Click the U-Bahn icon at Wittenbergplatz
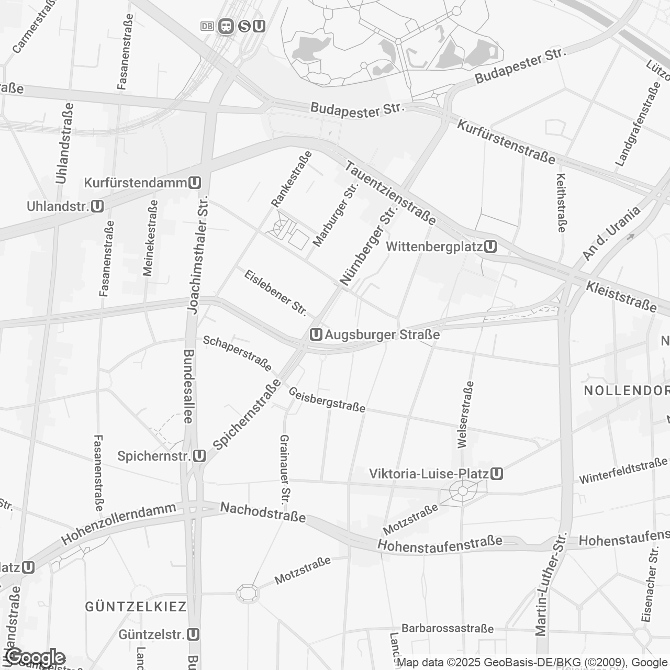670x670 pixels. tap(490, 247)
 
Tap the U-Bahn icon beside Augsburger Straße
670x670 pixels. tap(316, 334)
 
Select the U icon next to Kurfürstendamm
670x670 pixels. tap(195, 183)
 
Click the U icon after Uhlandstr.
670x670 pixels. tap(97, 207)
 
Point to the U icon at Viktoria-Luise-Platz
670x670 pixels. tap(497, 474)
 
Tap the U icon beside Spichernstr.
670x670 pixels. tap(199, 456)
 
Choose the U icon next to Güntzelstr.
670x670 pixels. tap(194, 634)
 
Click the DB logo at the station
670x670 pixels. tap(207, 26)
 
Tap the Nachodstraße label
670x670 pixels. tap(263, 512)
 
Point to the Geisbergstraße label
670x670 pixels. tap(327, 400)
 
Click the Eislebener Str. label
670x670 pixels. tap(275, 293)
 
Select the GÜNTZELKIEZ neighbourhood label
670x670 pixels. tap(136, 607)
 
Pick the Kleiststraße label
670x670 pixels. tap(621, 296)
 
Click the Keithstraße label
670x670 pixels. tap(561, 203)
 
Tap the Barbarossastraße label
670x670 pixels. tap(448, 628)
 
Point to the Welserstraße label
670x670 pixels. tap(465, 415)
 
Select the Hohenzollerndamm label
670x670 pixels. tap(119, 524)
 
